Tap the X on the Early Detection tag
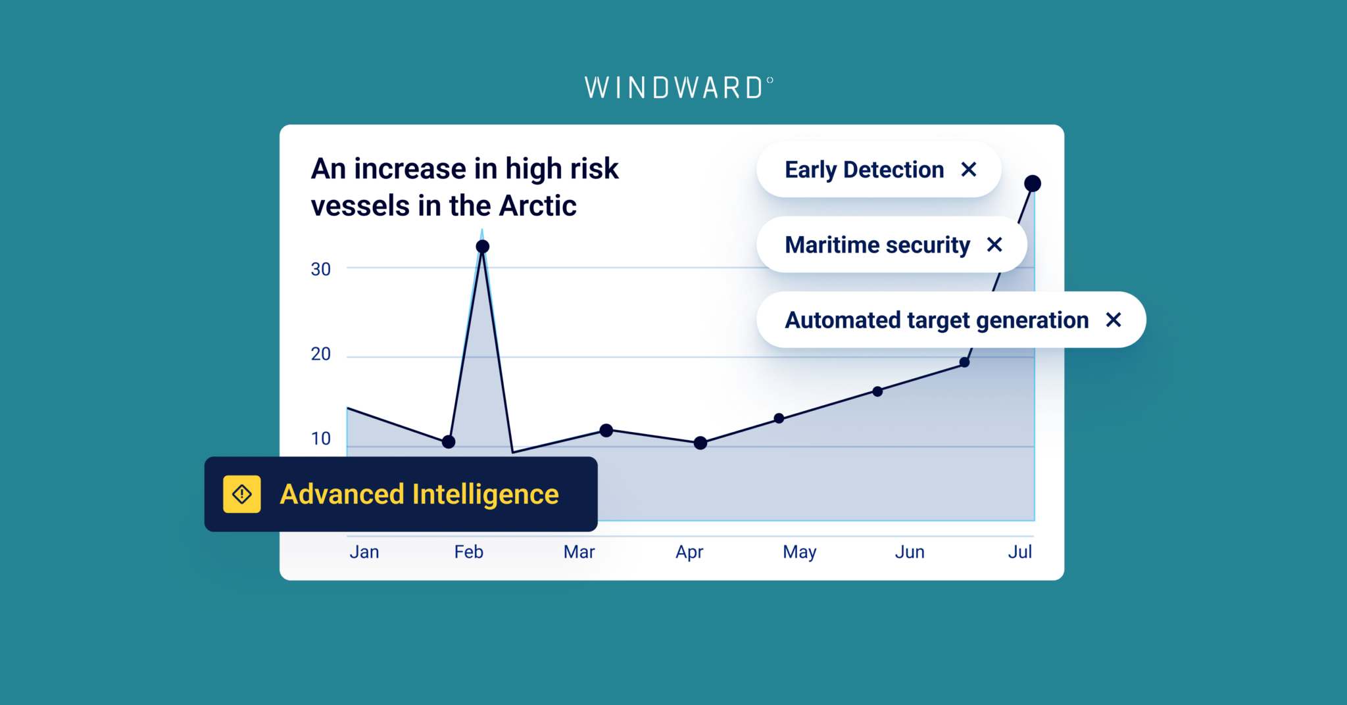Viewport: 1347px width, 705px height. point(968,170)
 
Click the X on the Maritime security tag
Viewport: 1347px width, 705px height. point(994,245)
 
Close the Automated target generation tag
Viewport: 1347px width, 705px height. point(1113,320)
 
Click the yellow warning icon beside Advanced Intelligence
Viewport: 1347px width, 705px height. point(242,494)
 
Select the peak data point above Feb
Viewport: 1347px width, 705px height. point(483,247)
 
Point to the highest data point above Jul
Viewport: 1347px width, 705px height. point(1033,183)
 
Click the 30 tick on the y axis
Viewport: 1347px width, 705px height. point(321,269)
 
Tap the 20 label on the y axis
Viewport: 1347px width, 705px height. point(321,354)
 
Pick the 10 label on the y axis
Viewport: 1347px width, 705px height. point(321,439)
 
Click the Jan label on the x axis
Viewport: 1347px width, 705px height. point(364,552)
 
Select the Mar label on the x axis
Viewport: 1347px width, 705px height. point(579,552)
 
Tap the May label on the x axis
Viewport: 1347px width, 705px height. point(800,552)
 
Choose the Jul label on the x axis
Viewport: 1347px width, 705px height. point(1019,552)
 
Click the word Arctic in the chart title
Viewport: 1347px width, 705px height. point(537,206)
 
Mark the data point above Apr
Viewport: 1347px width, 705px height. point(700,443)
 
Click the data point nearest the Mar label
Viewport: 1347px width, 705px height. point(606,430)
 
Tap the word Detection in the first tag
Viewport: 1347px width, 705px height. point(893,170)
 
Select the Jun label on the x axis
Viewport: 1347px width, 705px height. point(910,552)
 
